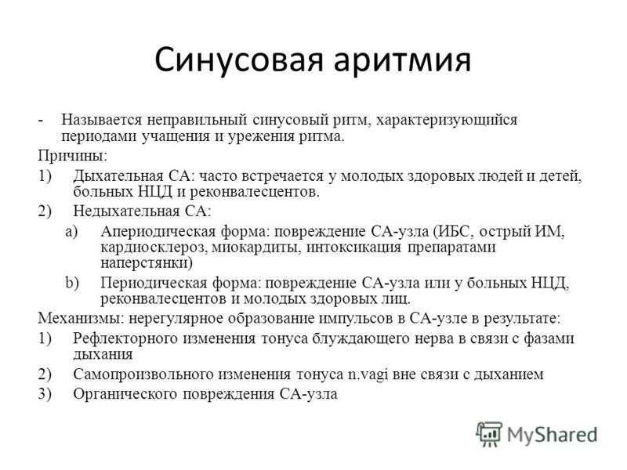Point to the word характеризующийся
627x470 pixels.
tap(446, 120)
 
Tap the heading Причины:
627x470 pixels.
tap(72, 156)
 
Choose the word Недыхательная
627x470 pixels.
tap(126, 211)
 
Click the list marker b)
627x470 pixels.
tap(72, 283)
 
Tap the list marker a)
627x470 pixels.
tap(71, 231)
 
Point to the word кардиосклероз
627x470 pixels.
tap(154, 248)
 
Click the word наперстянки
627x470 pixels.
tap(147, 263)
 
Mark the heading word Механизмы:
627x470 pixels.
tap(82, 319)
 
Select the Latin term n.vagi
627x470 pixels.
tap(368, 375)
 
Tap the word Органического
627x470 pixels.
tap(125, 395)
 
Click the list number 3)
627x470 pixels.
tap(45, 394)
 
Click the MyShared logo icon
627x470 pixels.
tap(488, 434)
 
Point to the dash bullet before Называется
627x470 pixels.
tap(41, 121)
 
